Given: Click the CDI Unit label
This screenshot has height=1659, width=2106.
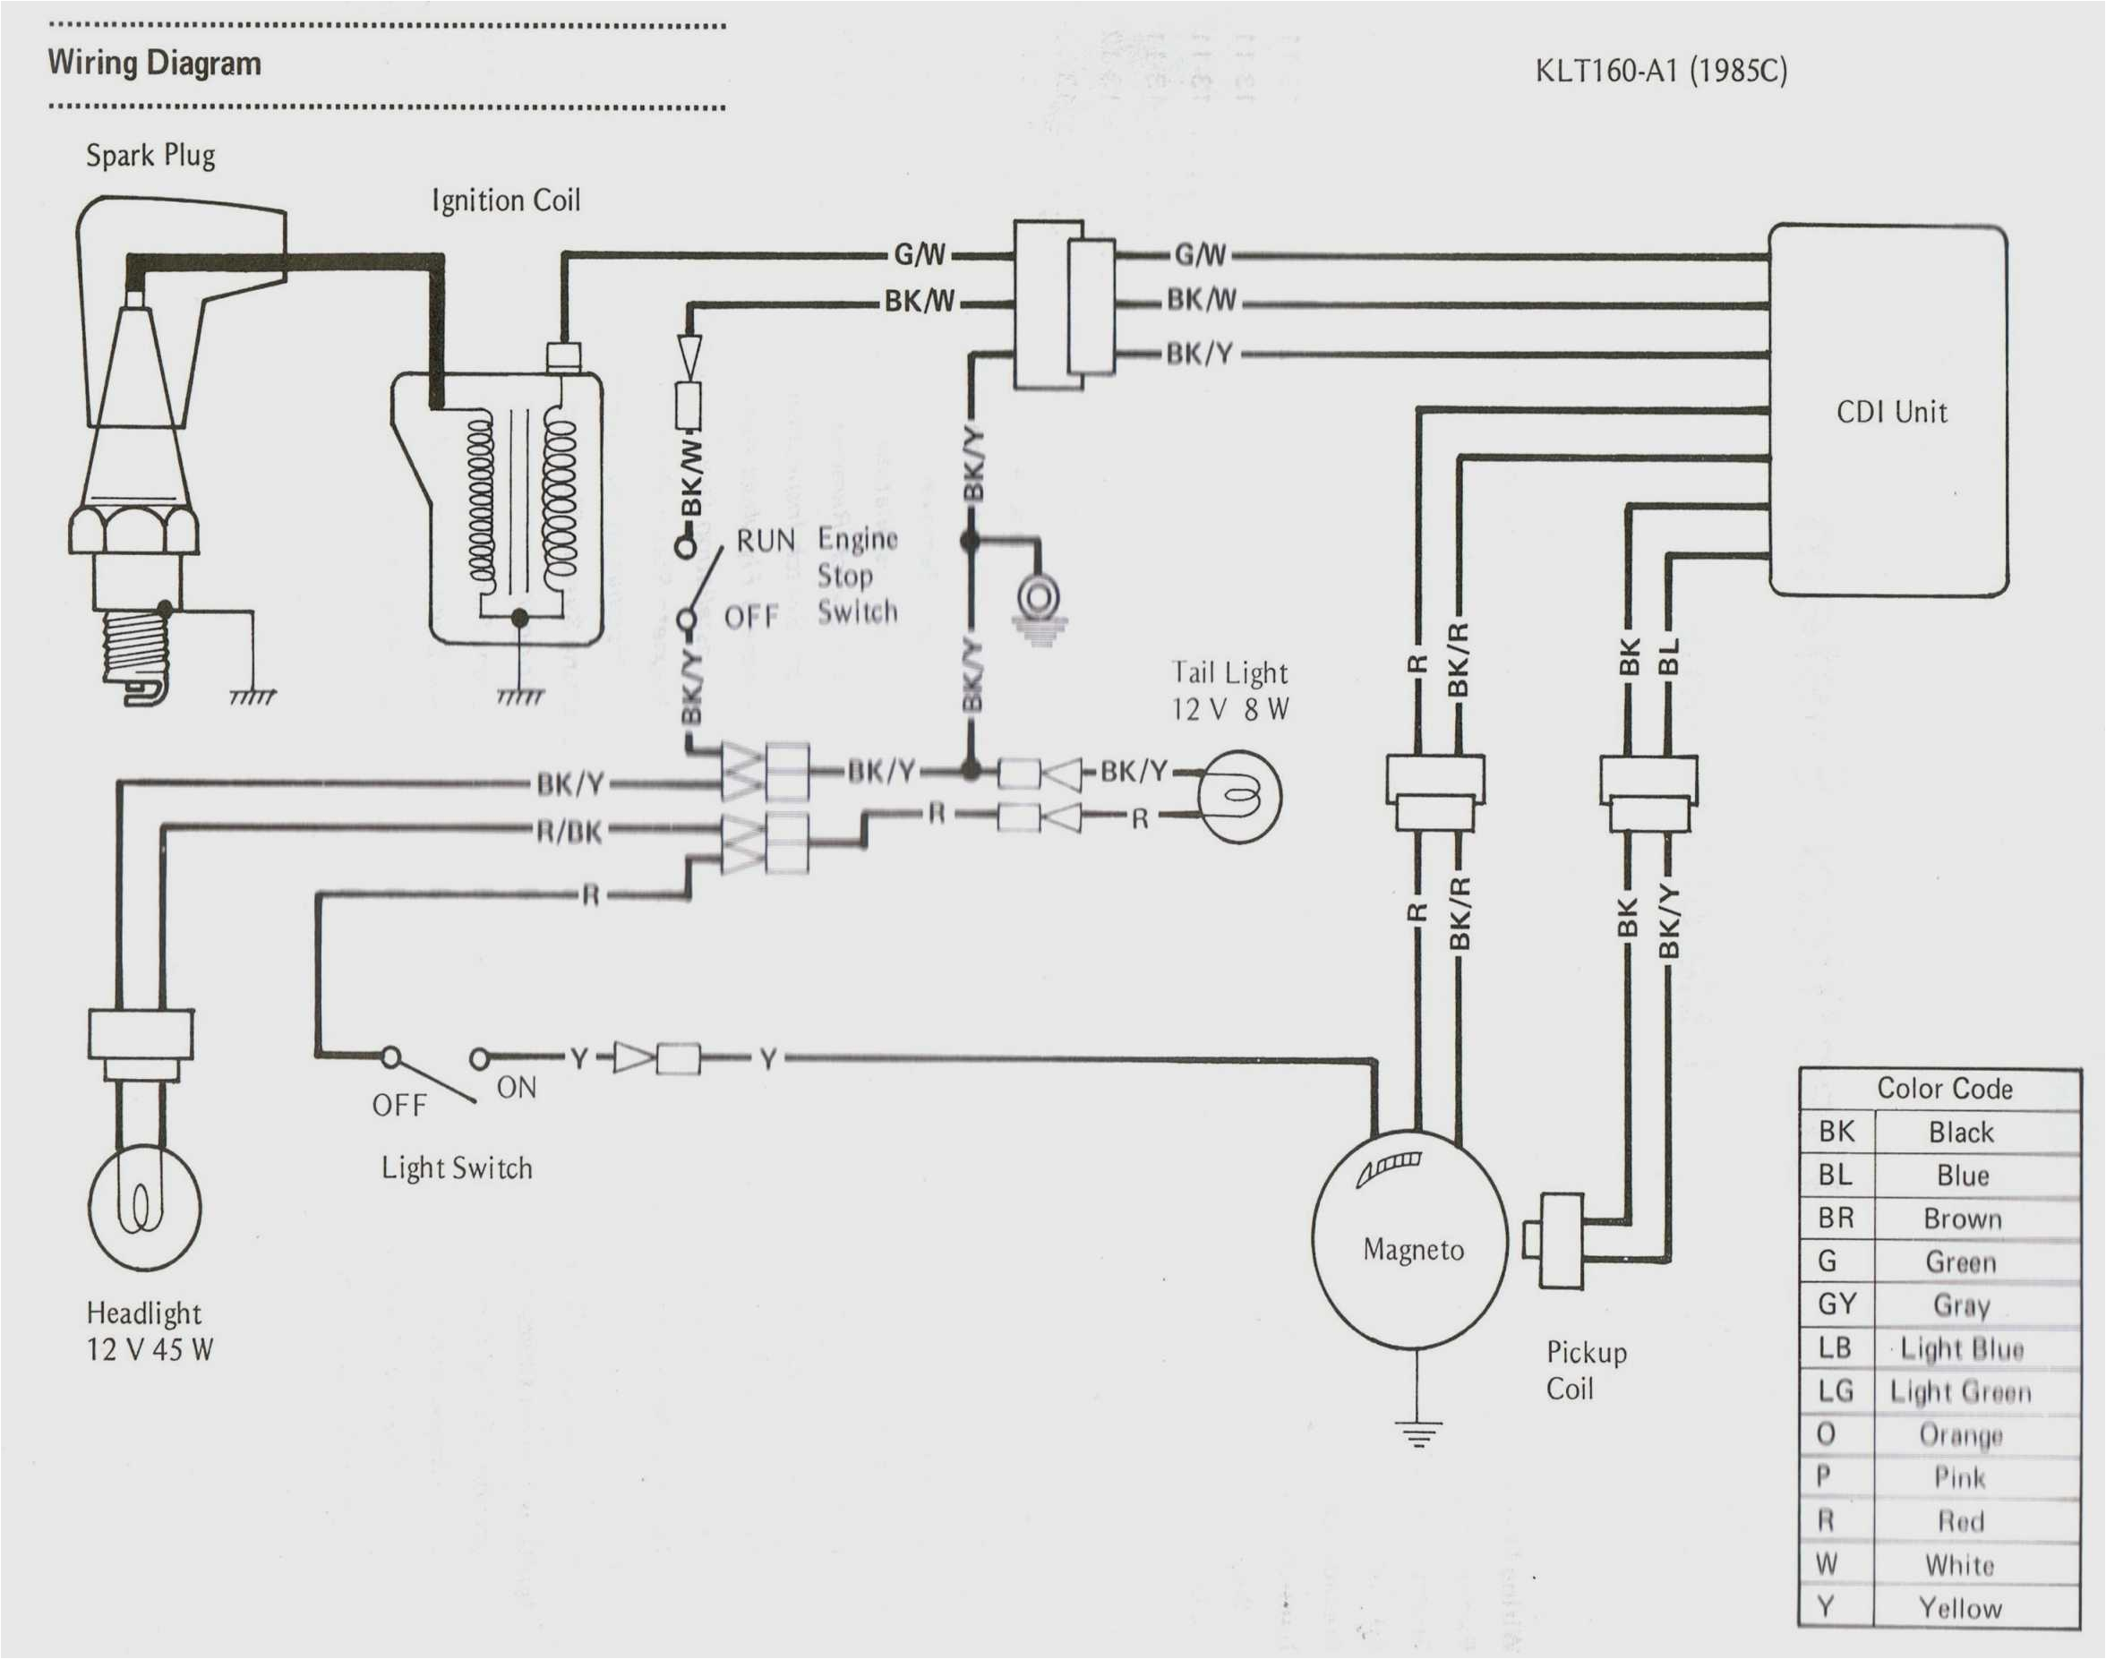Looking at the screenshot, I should pos(1890,412).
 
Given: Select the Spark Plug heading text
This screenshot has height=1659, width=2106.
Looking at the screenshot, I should pos(150,156).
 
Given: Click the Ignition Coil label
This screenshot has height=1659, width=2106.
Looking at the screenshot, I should pos(505,201).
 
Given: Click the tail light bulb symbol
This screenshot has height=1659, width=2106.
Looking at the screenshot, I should pos(1238,797).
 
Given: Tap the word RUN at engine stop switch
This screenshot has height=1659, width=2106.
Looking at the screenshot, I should pos(766,540).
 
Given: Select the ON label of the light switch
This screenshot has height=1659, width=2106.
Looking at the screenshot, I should pos(516,1088).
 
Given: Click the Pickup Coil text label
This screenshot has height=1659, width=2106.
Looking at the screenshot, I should pos(1586,1371).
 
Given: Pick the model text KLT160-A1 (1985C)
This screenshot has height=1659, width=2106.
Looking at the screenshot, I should pos(1660,72).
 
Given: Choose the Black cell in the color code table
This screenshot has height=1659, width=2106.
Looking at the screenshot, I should pos(1960,1133).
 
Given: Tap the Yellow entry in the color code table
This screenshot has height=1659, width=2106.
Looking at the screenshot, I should pos(1959,1608).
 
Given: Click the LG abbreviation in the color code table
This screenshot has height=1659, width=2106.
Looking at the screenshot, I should pos(1835,1392).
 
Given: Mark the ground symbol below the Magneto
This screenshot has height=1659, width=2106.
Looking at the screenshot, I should pos(1417,1432).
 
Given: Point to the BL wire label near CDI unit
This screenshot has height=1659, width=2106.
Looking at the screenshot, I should pos(1668,655).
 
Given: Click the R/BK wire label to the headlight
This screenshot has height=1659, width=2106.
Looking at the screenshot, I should pos(569,832).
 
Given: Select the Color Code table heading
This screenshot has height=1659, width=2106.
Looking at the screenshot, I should pos(1944,1088).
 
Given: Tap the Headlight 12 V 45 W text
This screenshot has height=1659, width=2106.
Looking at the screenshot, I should pos(149,1330).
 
